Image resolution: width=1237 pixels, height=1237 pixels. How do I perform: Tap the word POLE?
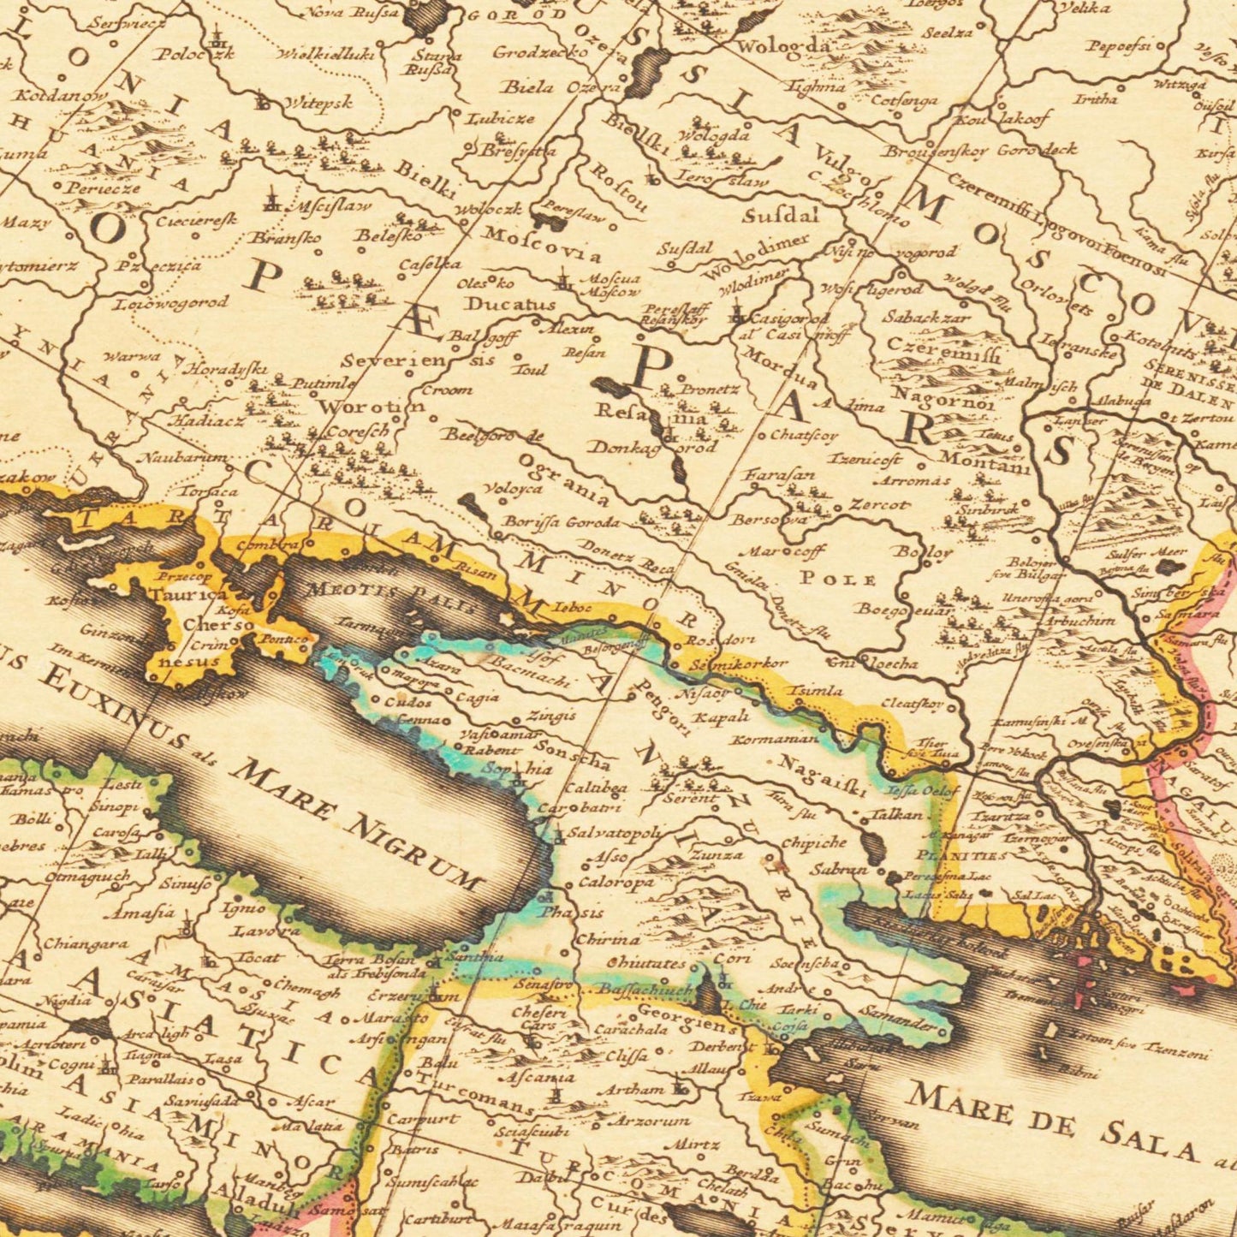pyautogui.click(x=838, y=579)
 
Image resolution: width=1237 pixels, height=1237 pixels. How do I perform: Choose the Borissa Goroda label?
pyautogui.click(x=561, y=522)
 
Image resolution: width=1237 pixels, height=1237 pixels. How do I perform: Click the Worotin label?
pyautogui.click(x=370, y=407)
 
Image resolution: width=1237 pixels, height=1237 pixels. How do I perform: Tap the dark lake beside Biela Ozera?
pyautogui.click(x=651, y=71)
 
